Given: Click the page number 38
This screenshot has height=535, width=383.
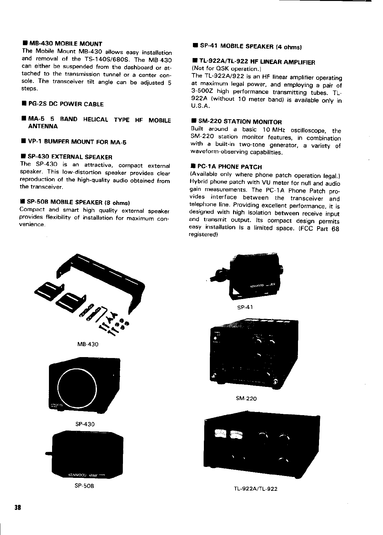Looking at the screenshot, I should (x=17, y=507).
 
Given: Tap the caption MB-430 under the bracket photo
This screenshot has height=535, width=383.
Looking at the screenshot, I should (x=88, y=344).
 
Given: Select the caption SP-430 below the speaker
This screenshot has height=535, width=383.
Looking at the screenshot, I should (x=85, y=424).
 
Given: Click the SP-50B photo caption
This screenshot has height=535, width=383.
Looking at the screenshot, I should (x=84, y=486).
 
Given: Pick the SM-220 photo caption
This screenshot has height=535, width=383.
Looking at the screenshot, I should (x=246, y=399).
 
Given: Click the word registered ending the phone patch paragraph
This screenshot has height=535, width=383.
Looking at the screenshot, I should (x=203, y=234).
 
